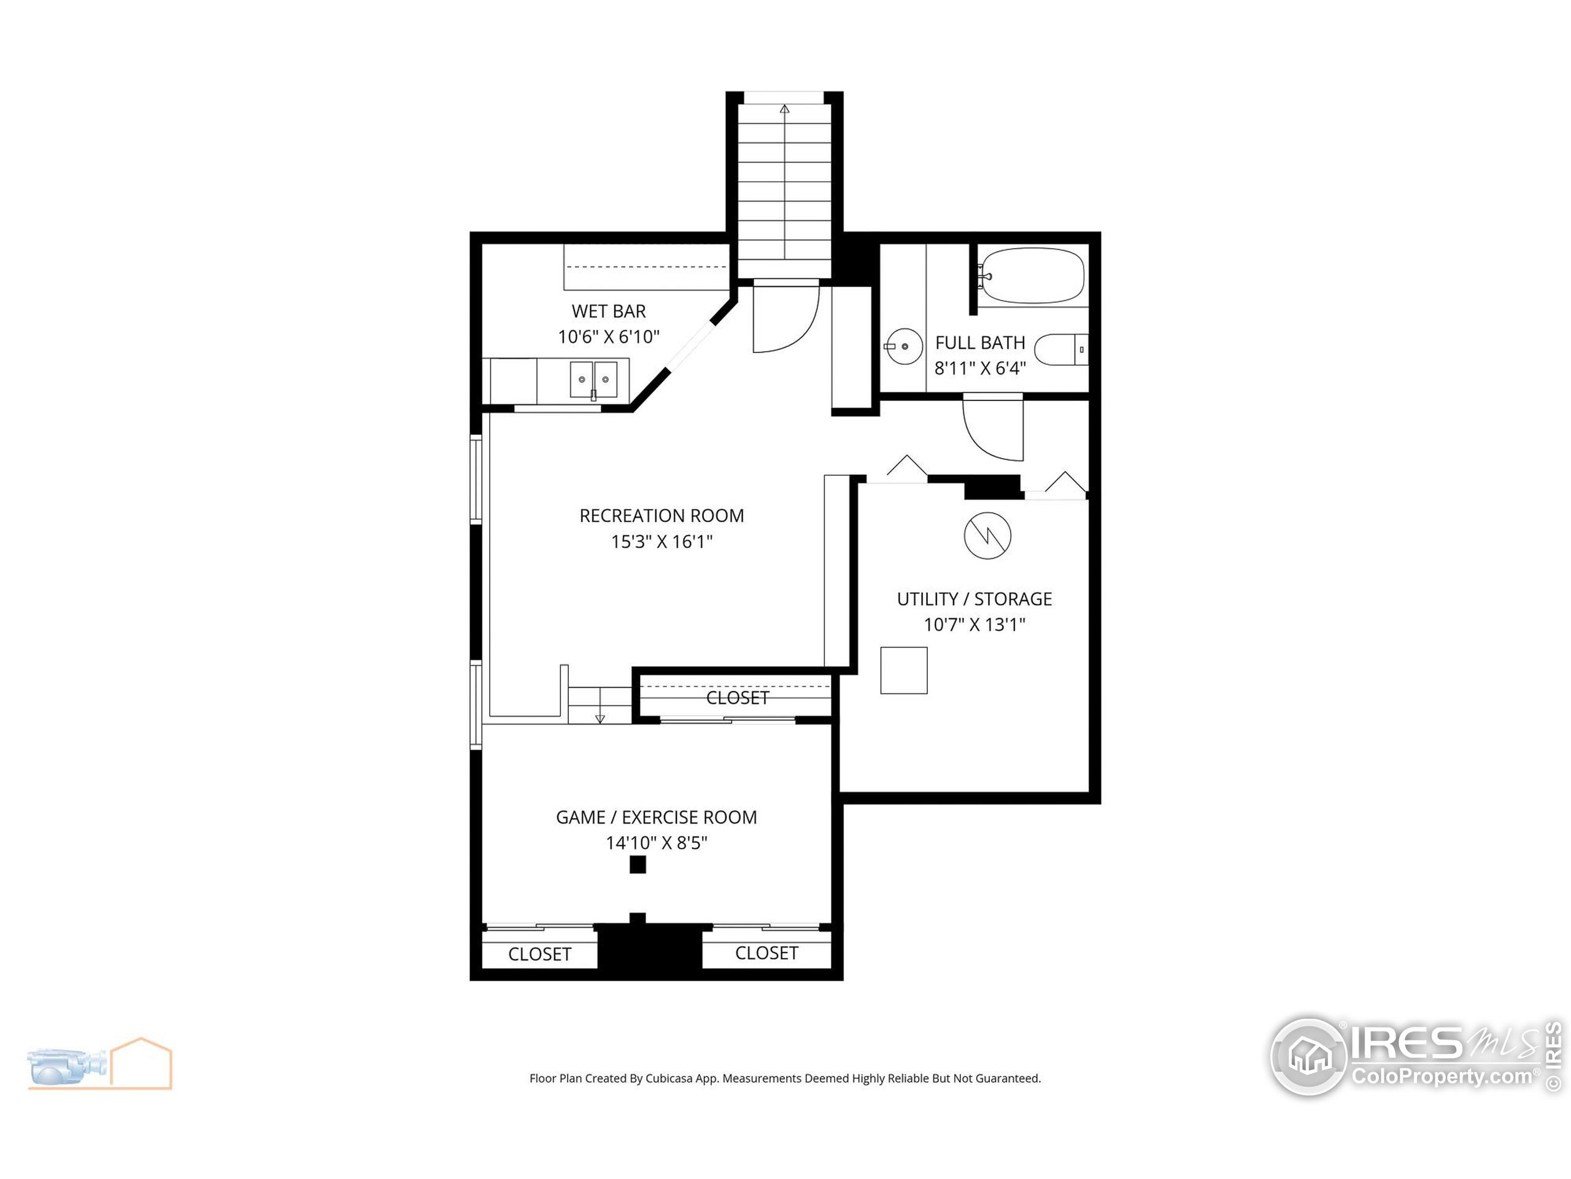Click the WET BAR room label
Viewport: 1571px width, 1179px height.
pyautogui.click(x=609, y=311)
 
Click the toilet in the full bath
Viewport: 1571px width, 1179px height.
pyautogui.click(x=1060, y=349)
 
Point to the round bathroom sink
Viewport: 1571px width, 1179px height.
pyautogui.click(x=904, y=346)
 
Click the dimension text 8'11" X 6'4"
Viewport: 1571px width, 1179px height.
pyautogui.click(x=979, y=368)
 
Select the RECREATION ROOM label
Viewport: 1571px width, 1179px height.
pyautogui.click(x=661, y=515)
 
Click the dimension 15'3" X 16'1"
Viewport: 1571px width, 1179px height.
pyautogui.click(x=661, y=542)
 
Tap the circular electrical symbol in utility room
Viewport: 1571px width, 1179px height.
pyautogui.click(x=987, y=535)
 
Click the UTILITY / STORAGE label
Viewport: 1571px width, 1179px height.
pyautogui.click(x=974, y=599)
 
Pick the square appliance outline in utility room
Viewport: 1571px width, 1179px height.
pyautogui.click(x=903, y=670)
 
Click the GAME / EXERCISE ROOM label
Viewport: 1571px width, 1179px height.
pyautogui.click(x=655, y=817)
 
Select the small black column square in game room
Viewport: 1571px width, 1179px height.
pyautogui.click(x=637, y=864)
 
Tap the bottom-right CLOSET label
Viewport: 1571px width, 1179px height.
pyautogui.click(x=766, y=953)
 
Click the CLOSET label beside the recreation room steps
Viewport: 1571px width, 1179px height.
pyautogui.click(x=736, y=698)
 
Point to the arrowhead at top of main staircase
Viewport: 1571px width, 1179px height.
pyautogui.click(x=784, y=109)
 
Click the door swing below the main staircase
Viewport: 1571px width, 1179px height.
pyautogui.click(x=785, y=317)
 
